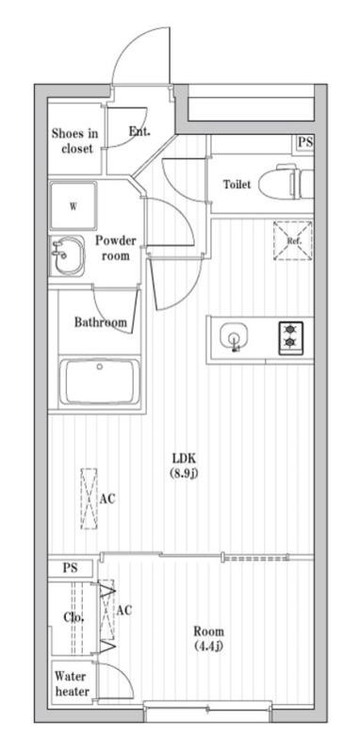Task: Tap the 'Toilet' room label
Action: click(x=237, y=185)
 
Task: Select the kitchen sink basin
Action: click(x=233, y=337)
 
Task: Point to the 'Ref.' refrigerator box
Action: click(x=292, y=239)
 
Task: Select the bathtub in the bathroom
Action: click(x=100, y=384)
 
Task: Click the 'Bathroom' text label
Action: click(x=100, y=322)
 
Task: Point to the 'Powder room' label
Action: click(x=115, y=248)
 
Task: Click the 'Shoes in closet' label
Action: click(x=74, y=141)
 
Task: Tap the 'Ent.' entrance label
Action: click(x=139, y=132)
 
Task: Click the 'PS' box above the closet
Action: click(x=71, y=568)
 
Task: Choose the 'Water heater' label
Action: click(x=72, y=683)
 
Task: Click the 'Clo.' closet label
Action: click(x=74, y=617)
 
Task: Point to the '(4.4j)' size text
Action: click(x=208, y=646)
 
